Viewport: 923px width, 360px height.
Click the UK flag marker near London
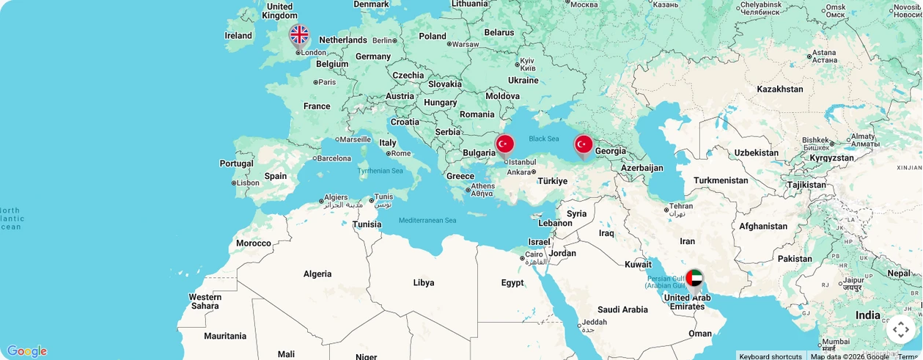coord(299,35)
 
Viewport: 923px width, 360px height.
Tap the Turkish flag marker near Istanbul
coord(504,144)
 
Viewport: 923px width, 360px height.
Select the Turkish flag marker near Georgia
coord(584,144)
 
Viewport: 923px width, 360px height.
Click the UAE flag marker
coord(694,279)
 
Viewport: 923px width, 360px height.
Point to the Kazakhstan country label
coord(780,89)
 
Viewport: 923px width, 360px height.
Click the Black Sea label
coord(544,139)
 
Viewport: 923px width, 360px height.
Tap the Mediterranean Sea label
coord(427,221)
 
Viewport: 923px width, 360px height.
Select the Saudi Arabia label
coord(622,310)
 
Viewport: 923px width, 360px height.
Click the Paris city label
coord(327,82)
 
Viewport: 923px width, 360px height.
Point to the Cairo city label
coord(534,254)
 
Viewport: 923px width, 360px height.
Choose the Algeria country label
coord(317,274)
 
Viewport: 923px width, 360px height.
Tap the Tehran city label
coord(681,207)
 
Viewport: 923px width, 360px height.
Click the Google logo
coord(26,351)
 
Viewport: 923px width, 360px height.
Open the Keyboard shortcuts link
coord(771,356)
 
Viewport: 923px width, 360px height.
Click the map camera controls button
coord(900,329)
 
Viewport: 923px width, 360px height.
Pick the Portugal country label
coord(236,164)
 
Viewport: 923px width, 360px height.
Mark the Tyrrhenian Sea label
coord(380,171)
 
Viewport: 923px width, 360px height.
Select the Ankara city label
coord(519,172)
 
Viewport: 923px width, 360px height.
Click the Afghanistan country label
coord(763,227)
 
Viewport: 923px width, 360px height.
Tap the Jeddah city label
coord(595,322)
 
